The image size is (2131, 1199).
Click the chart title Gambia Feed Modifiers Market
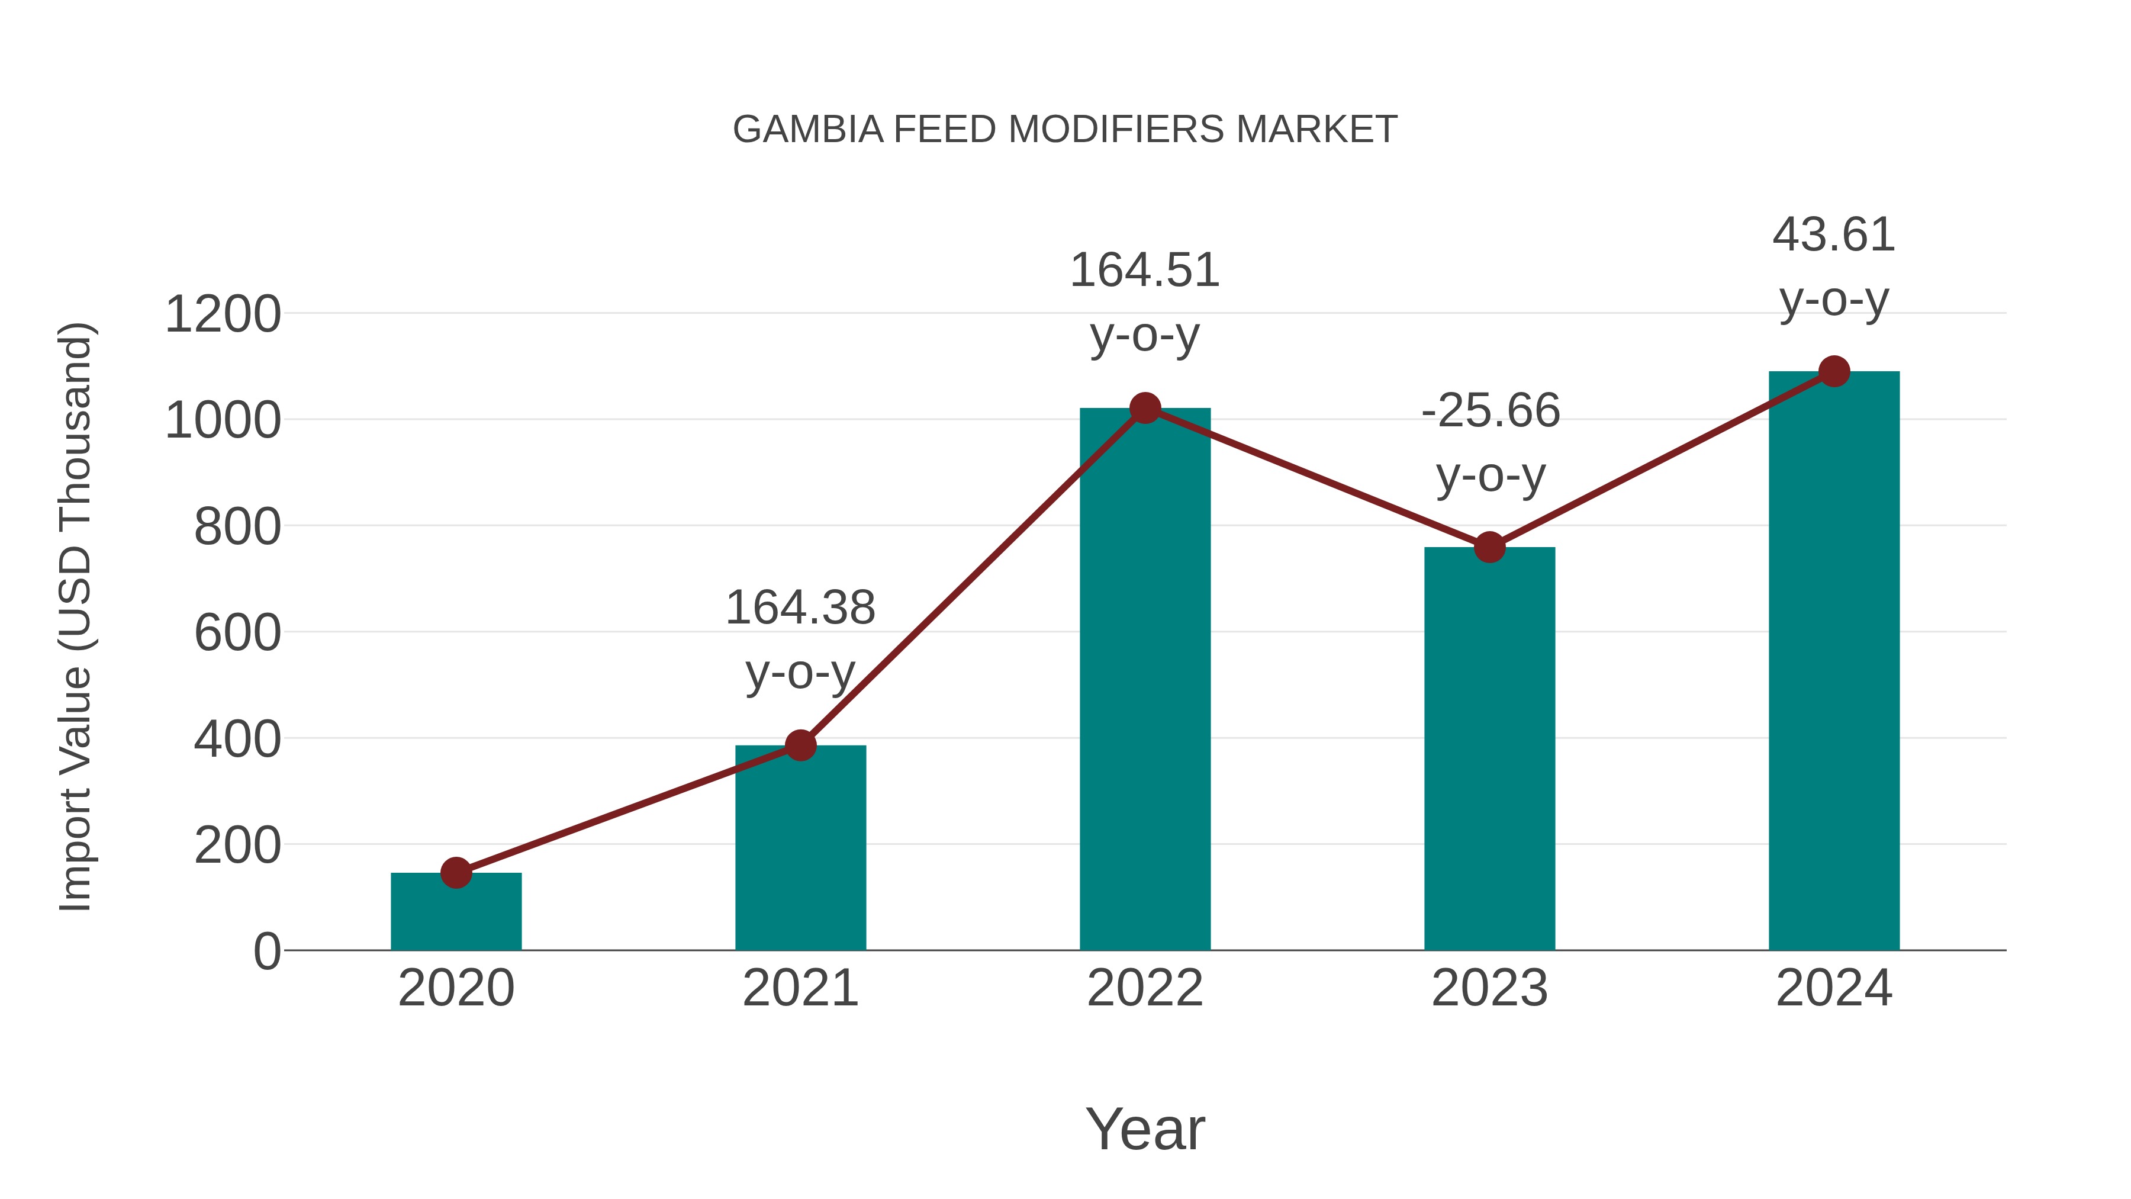[1065, 130]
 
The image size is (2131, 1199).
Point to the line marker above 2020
[456, 872]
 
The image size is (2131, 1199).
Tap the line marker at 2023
[1489, 547]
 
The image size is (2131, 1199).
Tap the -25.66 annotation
[1490, 412]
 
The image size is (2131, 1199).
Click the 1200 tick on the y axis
[223, 315]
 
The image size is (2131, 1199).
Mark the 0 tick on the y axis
[266, 952]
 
